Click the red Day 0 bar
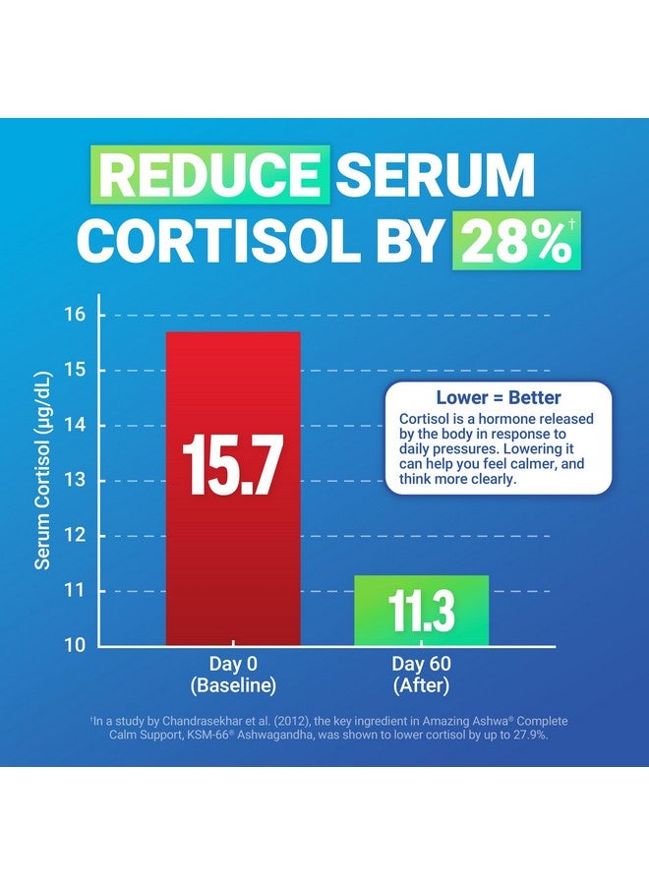click(x=232, y=551)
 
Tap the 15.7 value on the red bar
click(x=232, y=466)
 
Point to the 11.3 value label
click(x=421, y=612)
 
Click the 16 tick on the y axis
click(x=76, y=315)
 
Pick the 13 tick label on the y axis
click(x=76, y=481)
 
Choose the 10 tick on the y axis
click(x=76, y=646)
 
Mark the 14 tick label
click(x=76, y=426)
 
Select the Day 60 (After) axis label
click(x=421, y=674)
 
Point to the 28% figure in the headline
click(x=509, y=242)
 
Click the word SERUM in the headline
click(x=435, y=175)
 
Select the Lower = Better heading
click(x=499, y=398)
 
